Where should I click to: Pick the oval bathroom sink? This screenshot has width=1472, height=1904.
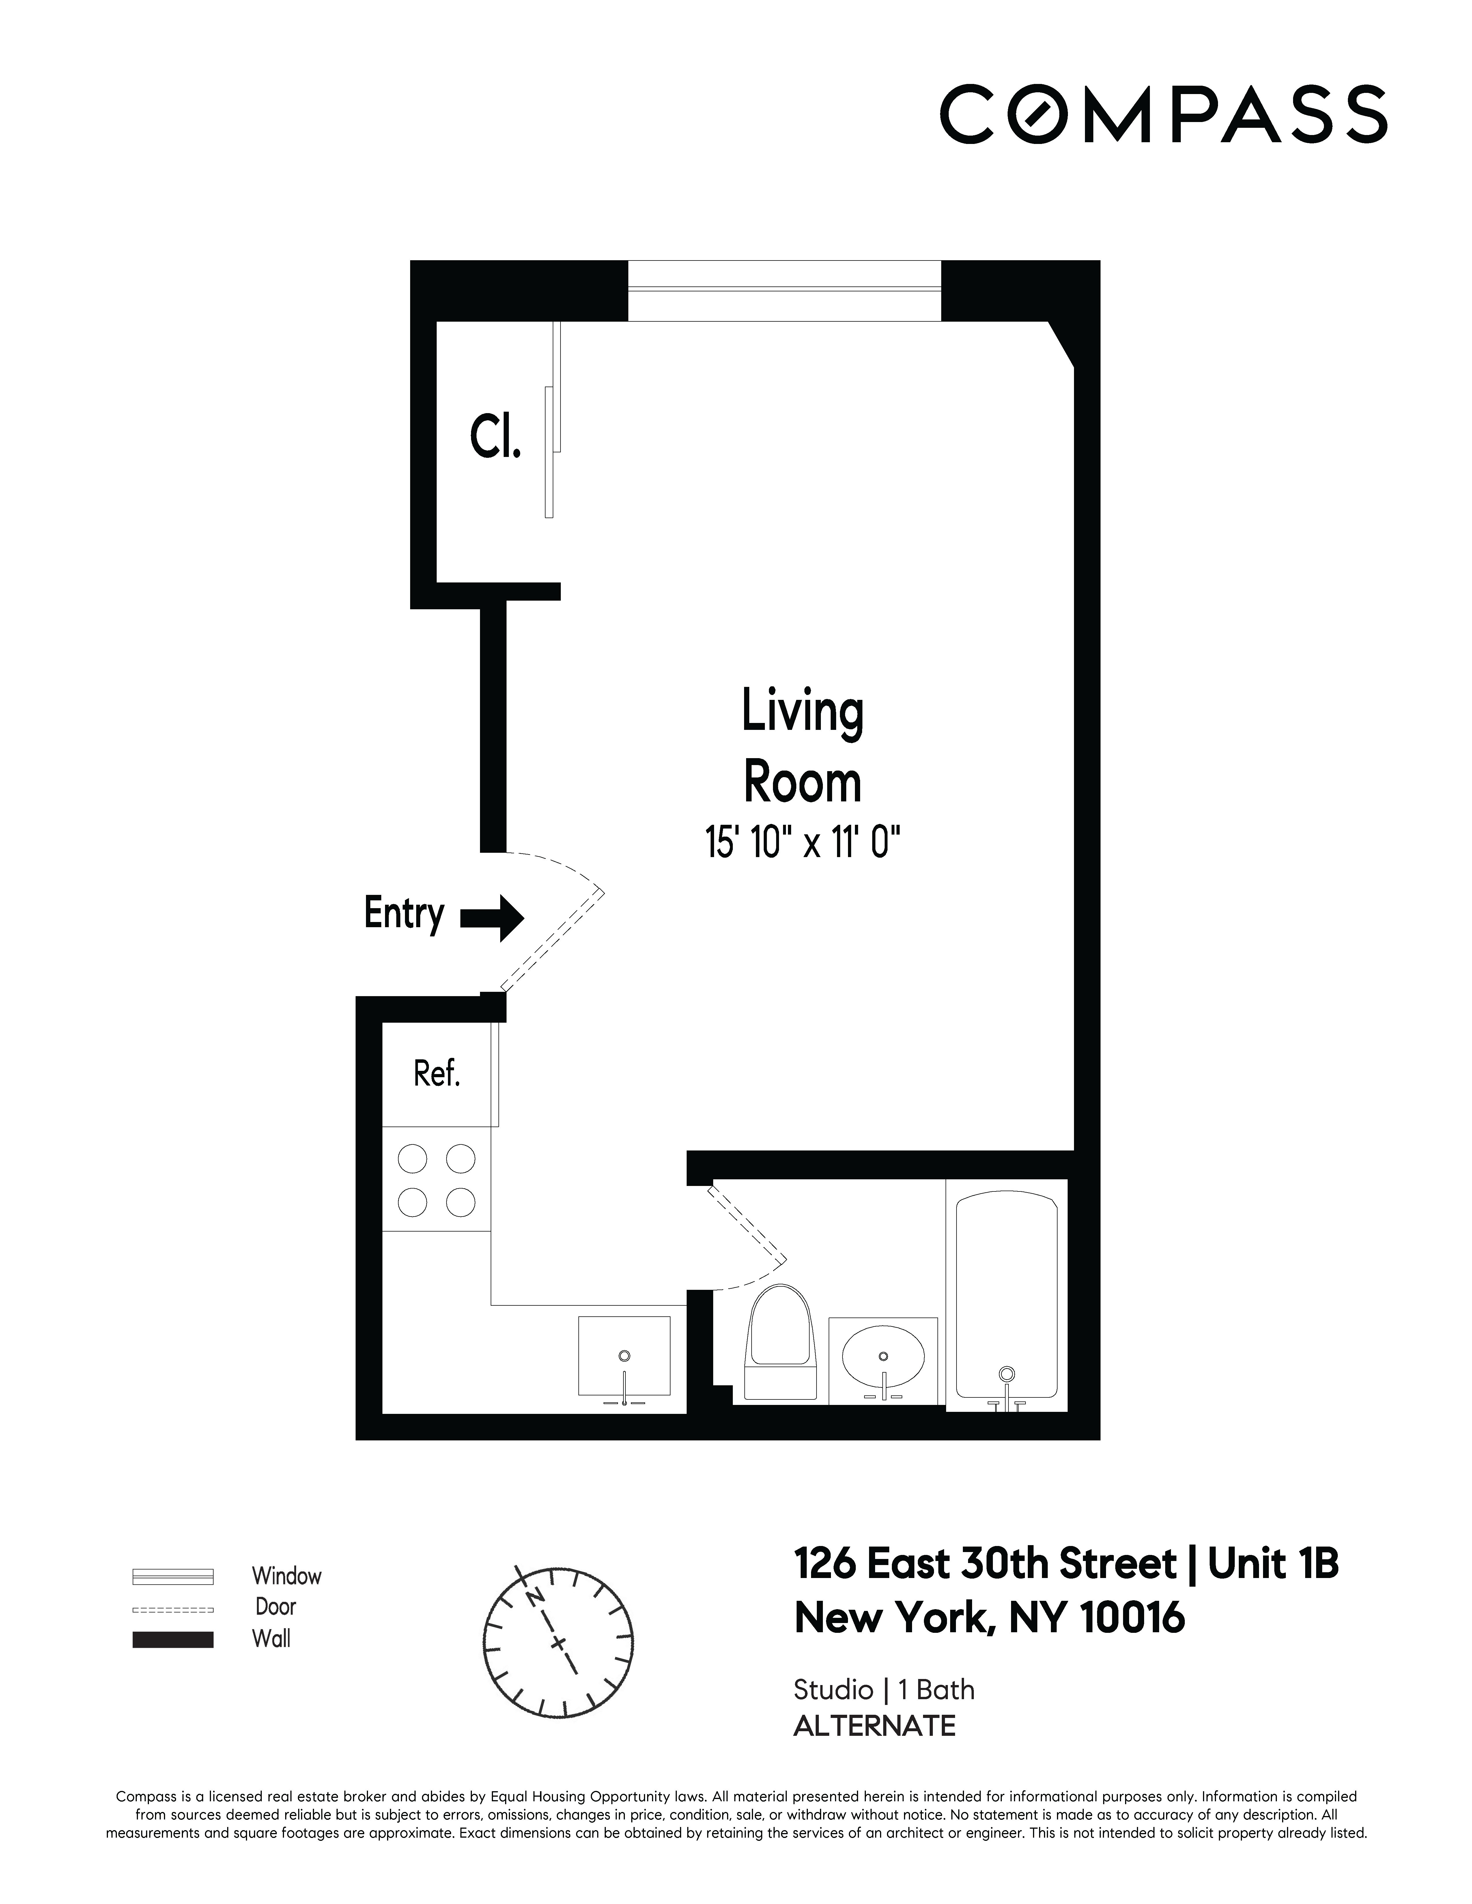pyautogui.click(x=883, y=1358)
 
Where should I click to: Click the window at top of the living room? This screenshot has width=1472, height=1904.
pyautogui.click(x=784, y=290)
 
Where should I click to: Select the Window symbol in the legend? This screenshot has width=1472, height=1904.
pyautogui.click(x=173, y=1576)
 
